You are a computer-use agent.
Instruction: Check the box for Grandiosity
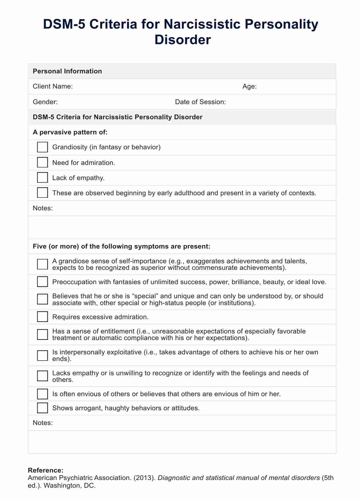tap(42, 147)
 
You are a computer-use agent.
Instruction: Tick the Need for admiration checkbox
tap(42, 162)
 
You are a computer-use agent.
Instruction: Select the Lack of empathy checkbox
tap(42, 178)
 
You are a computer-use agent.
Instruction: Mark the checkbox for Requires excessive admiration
tap(42, 317)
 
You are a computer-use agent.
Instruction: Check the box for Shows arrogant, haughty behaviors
tap(42, 408)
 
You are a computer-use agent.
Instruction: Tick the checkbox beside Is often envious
tap(42, 394)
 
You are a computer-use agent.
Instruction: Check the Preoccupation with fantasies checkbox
tap(42, 282)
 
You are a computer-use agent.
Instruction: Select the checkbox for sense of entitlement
tap(42, 334)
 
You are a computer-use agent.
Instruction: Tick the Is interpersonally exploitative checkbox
tap(42, 355)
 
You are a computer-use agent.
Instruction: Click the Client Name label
tap(53, 86)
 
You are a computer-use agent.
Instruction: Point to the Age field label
tap(249, 86)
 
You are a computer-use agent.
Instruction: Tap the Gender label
tap(45, 102)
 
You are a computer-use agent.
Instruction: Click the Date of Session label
tap(200, 102)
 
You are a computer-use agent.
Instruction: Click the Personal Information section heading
tap(67, 71)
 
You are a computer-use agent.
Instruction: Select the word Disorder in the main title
tap(182, 40)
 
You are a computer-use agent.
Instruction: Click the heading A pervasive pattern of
tap(70, 132)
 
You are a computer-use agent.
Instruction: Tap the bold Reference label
tap(46, 470)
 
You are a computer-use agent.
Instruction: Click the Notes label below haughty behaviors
tap(43, 423)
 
